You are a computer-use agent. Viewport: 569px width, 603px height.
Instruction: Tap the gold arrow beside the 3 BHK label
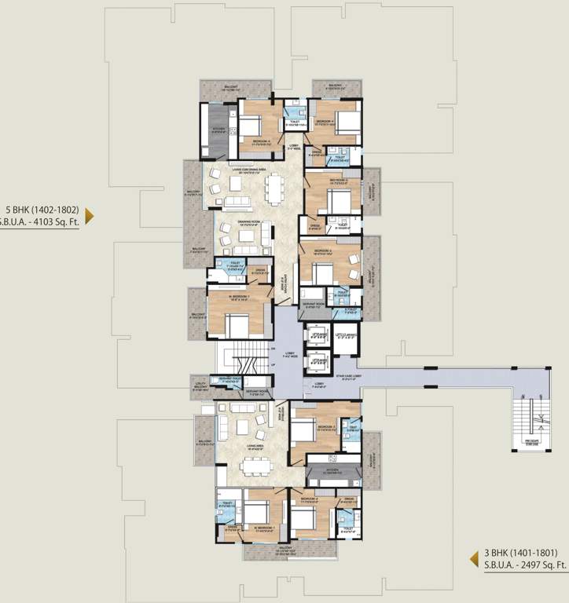[x=475, y=558]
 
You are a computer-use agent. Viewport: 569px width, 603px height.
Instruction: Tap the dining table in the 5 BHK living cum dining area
[x=273, y=188]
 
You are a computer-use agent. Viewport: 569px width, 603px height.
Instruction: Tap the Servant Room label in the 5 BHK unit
[x=314, y=306]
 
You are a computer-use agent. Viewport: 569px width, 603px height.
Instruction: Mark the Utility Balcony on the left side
[x=199, y=384]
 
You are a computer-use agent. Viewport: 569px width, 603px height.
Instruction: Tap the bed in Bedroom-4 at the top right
[x=348, y=122]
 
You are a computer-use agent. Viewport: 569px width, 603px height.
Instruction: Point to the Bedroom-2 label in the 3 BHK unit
[x=307, y=499]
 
